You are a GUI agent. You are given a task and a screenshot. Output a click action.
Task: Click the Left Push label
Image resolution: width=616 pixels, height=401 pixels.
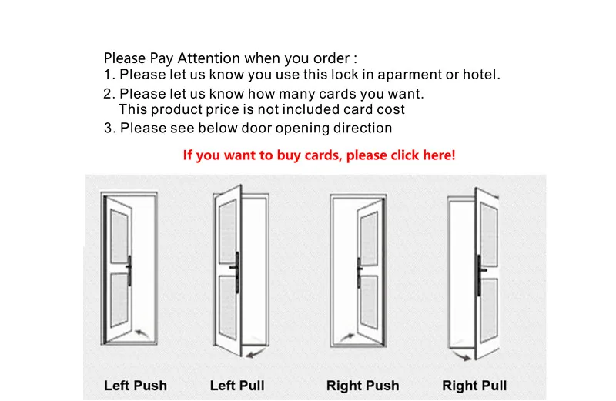[x=136, y=386]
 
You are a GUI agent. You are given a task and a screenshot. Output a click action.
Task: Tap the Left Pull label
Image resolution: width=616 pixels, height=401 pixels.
[x=237, y=386]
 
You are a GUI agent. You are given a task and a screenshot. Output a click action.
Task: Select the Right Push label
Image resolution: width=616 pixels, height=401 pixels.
[x=363, y=386]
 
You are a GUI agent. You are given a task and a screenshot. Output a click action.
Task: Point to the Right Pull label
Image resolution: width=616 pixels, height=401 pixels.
[x=474, y=386]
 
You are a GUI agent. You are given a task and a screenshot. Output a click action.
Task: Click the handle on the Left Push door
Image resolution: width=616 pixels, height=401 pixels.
[x=129, y=270]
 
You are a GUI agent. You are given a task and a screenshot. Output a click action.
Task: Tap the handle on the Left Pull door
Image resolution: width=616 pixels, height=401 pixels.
[x=236, y=272]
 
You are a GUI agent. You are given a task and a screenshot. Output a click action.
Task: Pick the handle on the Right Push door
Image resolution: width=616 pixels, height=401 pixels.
[x=359, y=272]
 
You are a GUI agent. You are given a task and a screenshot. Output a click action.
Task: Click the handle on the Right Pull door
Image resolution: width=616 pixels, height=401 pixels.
[x=480, y=275]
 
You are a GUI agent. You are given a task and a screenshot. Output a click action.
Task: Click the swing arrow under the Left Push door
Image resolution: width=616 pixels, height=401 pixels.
[x=142, y=333]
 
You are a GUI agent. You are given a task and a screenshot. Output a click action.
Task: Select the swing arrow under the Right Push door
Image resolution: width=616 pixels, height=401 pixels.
[x=346, y=336]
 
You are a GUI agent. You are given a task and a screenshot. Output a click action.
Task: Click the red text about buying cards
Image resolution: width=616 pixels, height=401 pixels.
[x=319, y=155]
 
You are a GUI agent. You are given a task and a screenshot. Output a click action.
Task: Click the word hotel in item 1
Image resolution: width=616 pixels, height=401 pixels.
[x=481, y=74]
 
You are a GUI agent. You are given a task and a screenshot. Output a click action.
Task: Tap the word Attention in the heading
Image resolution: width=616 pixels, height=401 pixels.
[x=209, y=58]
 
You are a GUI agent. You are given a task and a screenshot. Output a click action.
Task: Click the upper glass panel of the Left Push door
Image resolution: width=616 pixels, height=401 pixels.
[x=119, y=236]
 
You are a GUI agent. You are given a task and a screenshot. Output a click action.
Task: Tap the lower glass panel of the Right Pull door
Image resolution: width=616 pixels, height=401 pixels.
[x=489, y=310]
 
